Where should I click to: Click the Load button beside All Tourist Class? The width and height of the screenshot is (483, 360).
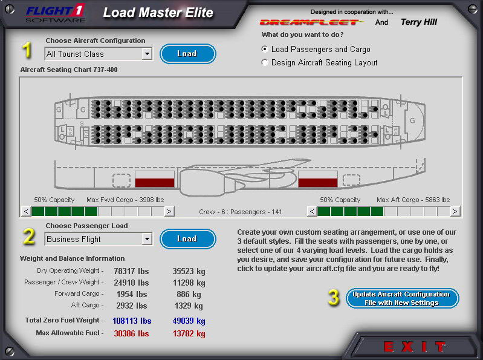click(187, 54)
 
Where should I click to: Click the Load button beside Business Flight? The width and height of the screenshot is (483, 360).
click(187, 239)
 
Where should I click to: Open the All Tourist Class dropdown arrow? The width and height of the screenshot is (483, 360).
click(147, 54)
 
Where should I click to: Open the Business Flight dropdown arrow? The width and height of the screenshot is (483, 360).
click(147, 239)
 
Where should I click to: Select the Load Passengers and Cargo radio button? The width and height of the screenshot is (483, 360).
click(265, 50)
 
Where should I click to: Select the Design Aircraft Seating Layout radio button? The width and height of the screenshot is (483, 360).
click(265, 62)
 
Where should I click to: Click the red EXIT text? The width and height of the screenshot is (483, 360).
click(415, 347)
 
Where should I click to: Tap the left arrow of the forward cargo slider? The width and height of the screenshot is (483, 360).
click(26, 211)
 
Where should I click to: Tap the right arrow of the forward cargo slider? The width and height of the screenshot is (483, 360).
click(169, 211)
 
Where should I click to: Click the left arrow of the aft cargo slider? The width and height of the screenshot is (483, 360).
click(312, 211)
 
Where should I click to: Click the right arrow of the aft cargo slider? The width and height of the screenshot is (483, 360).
click(455, 211)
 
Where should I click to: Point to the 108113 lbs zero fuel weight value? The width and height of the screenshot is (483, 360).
click(132, 321)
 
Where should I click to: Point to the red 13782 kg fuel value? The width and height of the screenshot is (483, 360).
click(189, 333)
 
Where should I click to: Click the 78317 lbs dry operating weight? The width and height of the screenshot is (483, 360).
click(131, 271)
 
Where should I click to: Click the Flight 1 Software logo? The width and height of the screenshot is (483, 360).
click(56, 13)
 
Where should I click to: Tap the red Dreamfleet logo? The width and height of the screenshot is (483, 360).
click(311, 22)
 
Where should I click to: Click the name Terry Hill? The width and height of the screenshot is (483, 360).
click(419, 22)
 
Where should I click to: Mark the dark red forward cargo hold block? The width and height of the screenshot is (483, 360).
click(155, 183)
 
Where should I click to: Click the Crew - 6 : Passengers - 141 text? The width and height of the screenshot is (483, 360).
click(240, 212)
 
